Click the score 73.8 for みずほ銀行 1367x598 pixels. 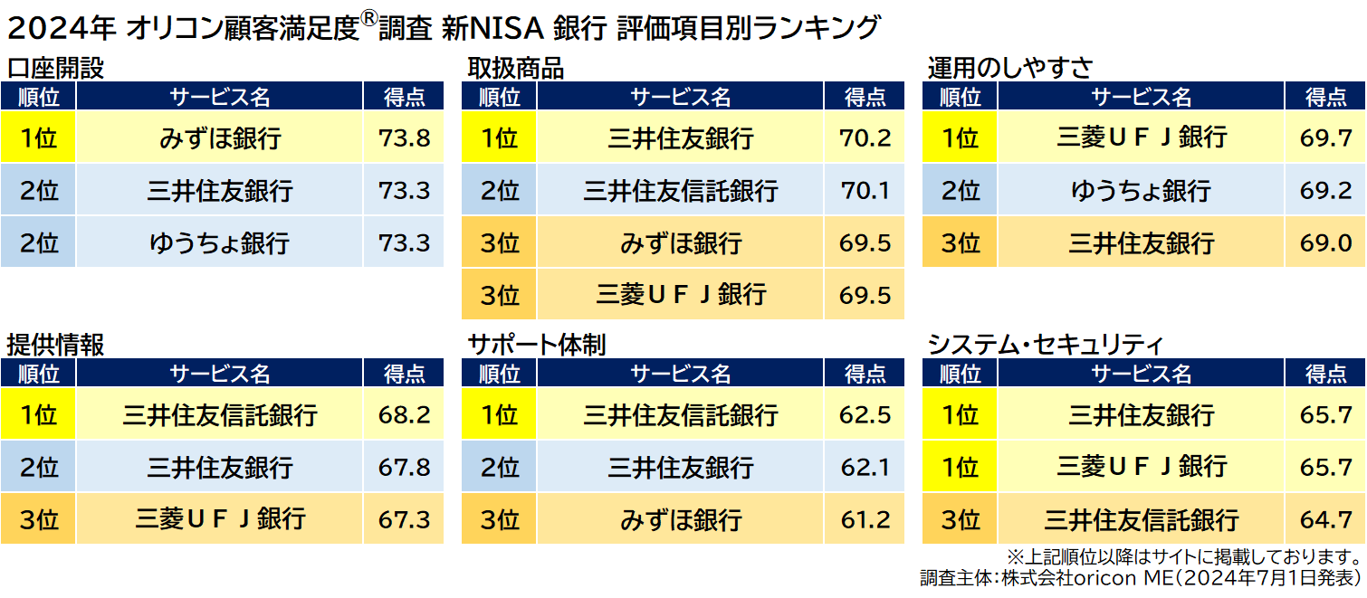click(404, 138)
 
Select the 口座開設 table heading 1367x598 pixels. click(55, 68)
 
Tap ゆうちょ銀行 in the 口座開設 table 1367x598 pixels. click(220, 242)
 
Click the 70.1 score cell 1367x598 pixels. click(865, 191)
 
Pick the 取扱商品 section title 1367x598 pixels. click(515, 68)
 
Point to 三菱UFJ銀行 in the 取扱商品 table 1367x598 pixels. click(681, 295)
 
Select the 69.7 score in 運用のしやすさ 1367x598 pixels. click(1325, 138)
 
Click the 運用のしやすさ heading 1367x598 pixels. click(1009, 68)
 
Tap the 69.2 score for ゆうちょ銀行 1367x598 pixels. click(1325, 191)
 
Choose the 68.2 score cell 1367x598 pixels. click(404, 415)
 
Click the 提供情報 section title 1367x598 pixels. click(55, 345)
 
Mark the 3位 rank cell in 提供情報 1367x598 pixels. click(38, 520)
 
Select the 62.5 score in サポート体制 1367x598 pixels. click(865, 415)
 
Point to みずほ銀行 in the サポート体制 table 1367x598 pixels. click(681, 520)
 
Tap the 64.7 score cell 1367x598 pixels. click(1325, 520)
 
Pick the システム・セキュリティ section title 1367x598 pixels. click(1045, 345)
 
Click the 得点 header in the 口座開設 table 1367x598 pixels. click(404, 97)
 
